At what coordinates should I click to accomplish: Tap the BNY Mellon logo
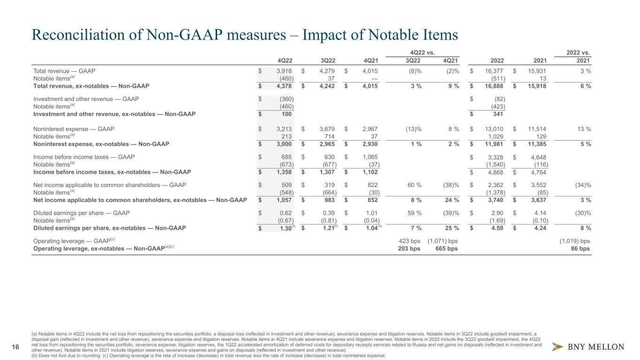[588, 347]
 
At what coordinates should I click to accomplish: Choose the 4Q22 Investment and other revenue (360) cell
[285, 99]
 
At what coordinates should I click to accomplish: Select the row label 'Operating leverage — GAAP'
[70, 241]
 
